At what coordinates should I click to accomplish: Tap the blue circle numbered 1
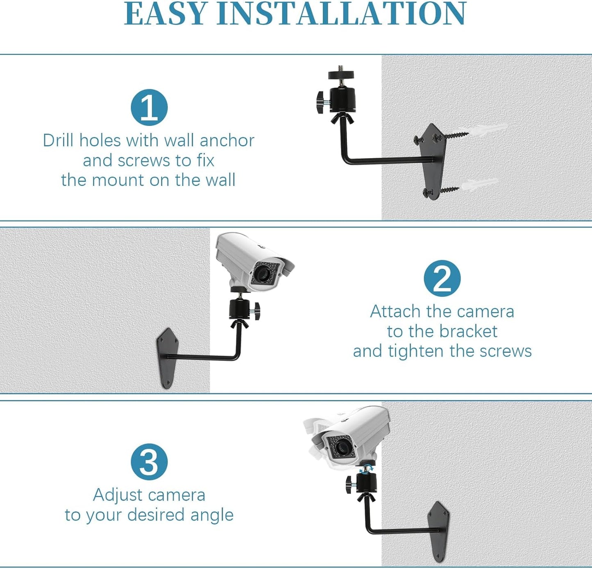(x=149, y=107)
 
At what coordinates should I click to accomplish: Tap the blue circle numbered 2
(x=442, y=278)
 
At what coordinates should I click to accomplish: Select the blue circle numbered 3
(x=149, y=462)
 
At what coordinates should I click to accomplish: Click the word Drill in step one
(x=59, y=141)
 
